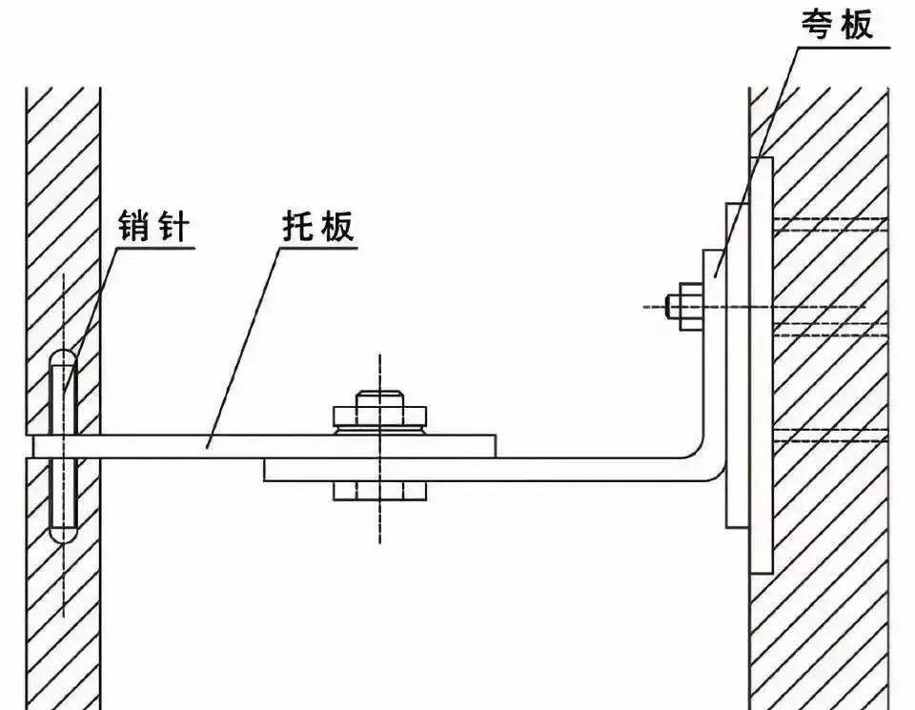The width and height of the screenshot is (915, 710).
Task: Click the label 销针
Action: pos(154,225)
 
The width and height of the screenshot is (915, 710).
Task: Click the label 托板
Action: pos(318,225)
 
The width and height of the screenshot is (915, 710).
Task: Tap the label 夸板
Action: pos(837,25)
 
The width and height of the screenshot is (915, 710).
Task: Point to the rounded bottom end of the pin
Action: pos(63,536)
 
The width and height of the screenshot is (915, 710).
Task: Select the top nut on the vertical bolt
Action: pos(380,415)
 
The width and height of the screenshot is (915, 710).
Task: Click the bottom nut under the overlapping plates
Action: pos(380,491)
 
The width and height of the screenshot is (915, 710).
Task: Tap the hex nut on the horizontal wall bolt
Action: pos(691,306)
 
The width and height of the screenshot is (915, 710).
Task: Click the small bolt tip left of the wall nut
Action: pos(673,306)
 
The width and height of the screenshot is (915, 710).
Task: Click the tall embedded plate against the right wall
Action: pos(761,365)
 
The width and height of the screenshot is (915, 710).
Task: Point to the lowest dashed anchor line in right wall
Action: pos(830,436)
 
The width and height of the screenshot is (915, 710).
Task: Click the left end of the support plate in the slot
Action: pos(34,446)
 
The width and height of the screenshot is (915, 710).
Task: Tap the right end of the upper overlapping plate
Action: pos(496,446)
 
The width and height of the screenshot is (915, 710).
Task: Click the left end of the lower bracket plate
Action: pos(264,470)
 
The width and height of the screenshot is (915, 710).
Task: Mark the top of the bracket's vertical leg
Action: pos(715,251)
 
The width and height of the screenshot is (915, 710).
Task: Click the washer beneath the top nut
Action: pos(380,430)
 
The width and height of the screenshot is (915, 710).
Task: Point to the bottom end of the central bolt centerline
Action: pos(380,542)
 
